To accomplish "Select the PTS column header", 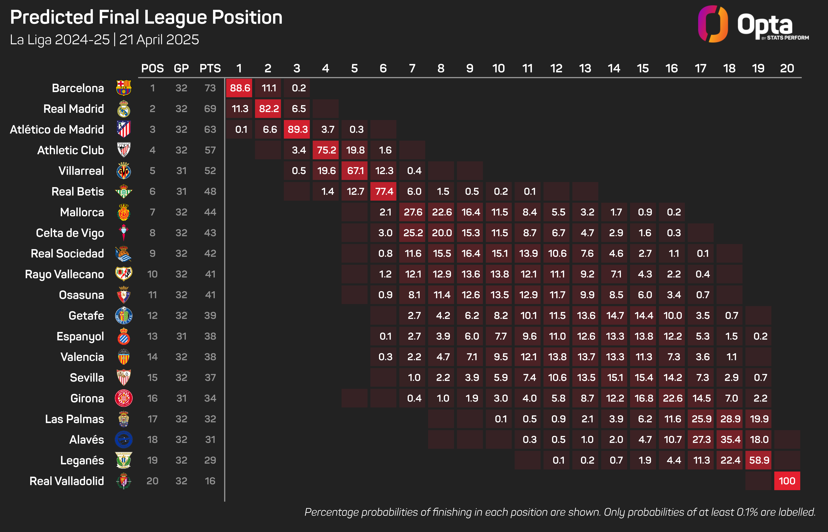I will (x=210, y=68).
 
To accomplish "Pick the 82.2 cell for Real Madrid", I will (x=269, y=109).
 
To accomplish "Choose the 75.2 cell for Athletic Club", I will (x=326, y=150).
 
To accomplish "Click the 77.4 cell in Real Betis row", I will (x=384, y=191).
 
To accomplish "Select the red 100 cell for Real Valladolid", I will (x=787, y=481).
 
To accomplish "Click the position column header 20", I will (x=787, y=68).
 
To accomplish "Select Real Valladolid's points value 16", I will (x=210, y=481).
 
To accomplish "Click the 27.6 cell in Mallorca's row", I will (x=413, y=212).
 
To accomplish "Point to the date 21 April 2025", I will (x=159, y=40).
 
